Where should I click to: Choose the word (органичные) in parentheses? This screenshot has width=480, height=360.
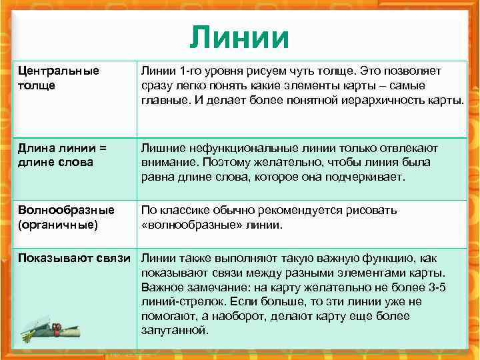pos(58,225)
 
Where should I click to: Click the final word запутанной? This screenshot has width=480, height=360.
pos(175,331)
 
